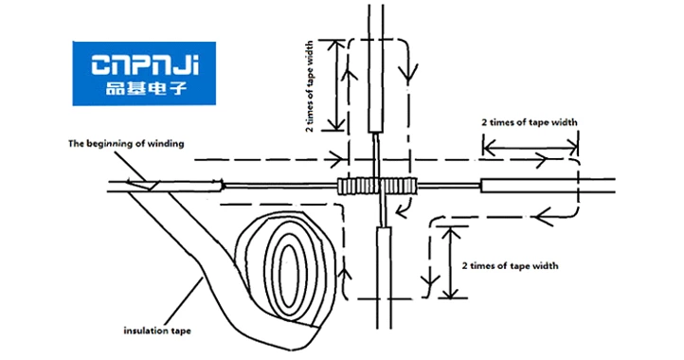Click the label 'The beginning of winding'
(125, 143)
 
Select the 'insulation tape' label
(156, 331)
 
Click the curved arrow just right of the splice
(409, 202)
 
